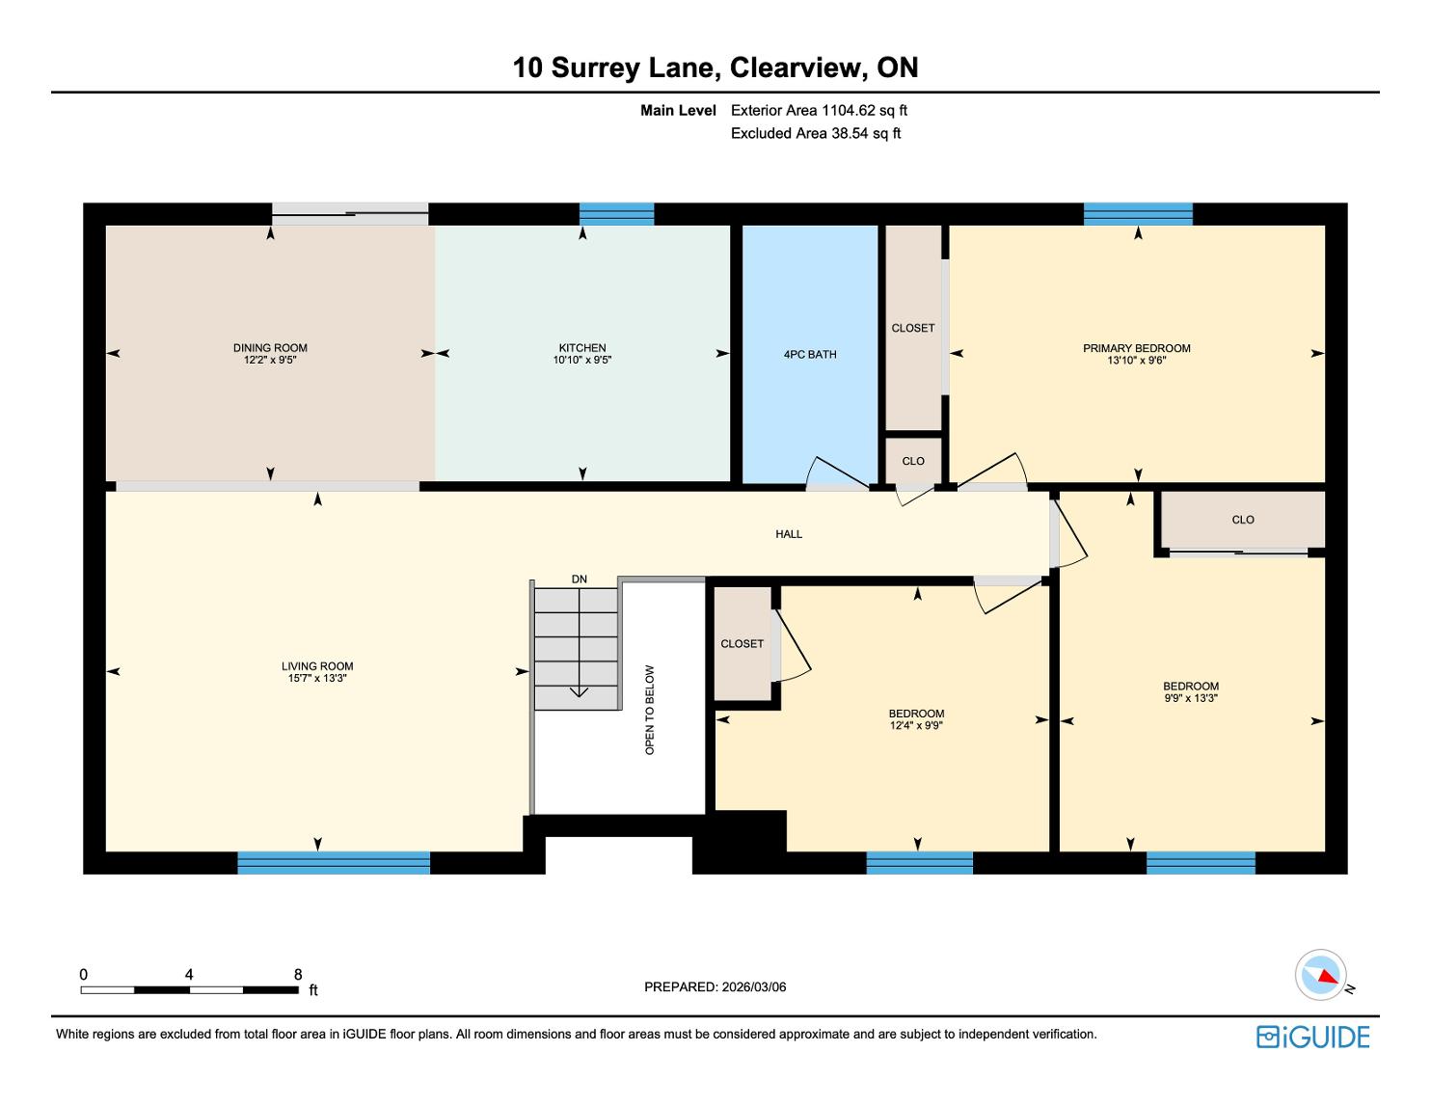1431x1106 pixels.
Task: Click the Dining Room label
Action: point(270,347)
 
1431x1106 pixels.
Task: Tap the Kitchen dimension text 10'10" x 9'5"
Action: point(582,360)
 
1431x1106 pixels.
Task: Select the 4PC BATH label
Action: point(810,354)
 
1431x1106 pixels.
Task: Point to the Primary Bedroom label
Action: point(1137,348)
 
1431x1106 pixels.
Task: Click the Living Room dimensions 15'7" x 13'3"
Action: point(317,678)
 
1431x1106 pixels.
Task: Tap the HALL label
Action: point(788,534)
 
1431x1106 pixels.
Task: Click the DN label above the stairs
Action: point(579,580)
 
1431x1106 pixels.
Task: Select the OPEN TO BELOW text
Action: point(650,710)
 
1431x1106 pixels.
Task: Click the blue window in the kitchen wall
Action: point(616,214)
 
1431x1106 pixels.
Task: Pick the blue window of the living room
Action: point(334,862)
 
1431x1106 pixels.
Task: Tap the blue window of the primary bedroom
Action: point(1138,214)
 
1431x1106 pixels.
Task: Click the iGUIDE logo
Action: point(1313,1037)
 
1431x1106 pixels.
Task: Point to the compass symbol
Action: point(1321,975)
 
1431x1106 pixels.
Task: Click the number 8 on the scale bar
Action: point(298,974)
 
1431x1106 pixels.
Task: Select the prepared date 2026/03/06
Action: point(754,986)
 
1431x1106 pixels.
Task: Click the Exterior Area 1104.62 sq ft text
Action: point(819,110)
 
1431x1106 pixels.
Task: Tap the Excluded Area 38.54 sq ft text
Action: point(815,133)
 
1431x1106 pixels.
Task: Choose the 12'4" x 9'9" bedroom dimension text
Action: point(916,725)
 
